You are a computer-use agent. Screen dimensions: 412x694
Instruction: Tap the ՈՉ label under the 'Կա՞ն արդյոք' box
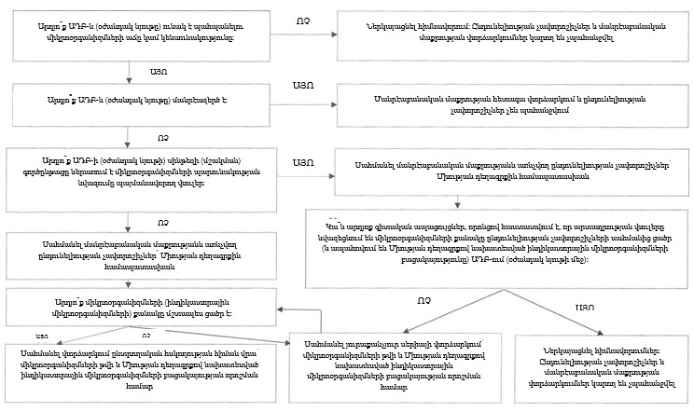[x=424, y=300]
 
